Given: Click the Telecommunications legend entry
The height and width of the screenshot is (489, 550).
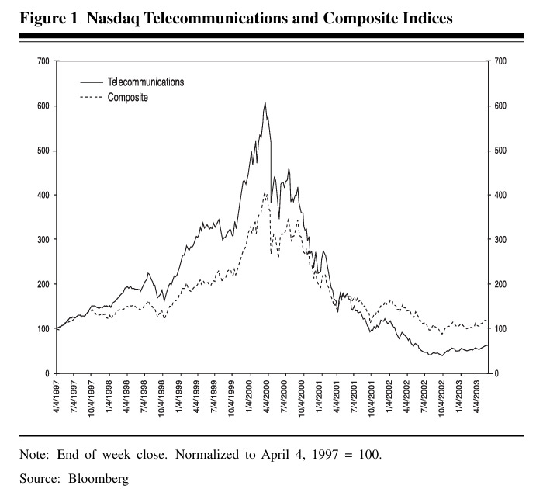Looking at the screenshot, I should [x=145, y=81].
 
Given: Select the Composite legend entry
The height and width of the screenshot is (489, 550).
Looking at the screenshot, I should [x=127, y=97].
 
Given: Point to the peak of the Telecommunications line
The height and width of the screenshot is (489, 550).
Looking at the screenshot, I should [x=265, y=102].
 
